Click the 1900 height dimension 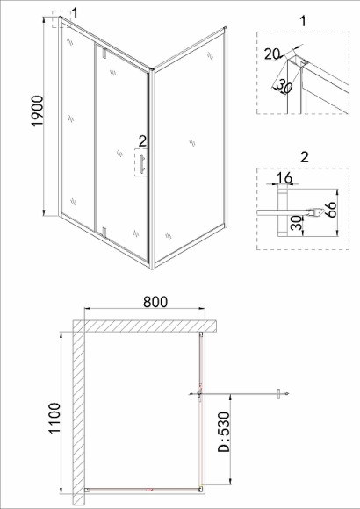click(38, 111)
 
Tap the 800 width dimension click(155, 302)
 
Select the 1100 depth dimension click(54, 418)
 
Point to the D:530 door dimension click(224, 432)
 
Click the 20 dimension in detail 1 click(272, 54)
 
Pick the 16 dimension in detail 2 click(284, 178)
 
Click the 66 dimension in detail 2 click(330, 210)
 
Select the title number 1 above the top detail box click(303, 21)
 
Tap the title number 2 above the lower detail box click(305, 157)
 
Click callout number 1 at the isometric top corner click(75, 14)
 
